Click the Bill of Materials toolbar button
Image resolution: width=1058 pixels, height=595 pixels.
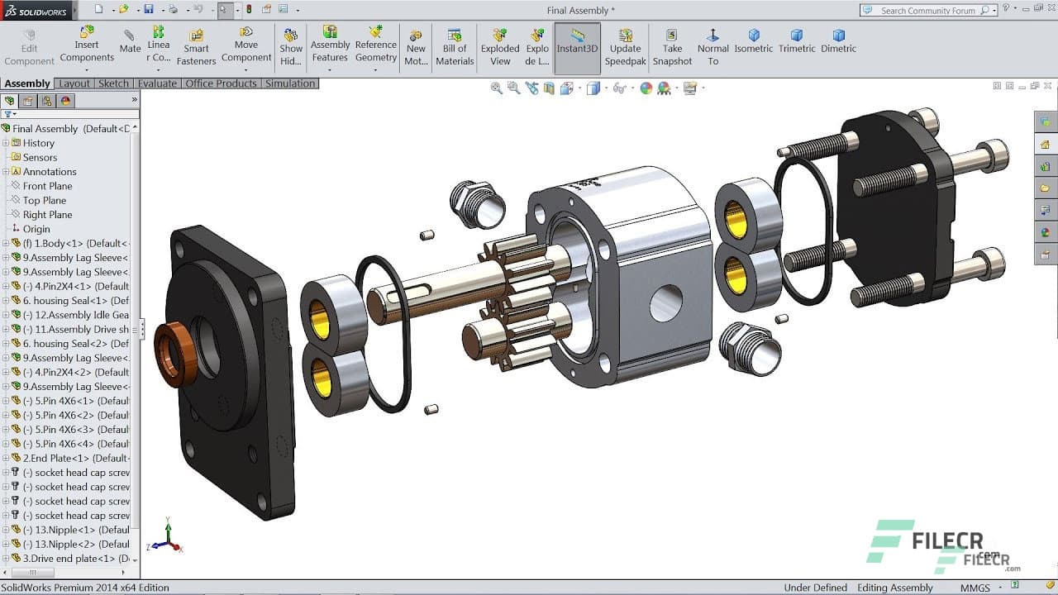point(455,48)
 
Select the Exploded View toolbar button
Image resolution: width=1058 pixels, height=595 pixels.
point(500,48)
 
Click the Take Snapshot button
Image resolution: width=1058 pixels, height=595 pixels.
point(672,48)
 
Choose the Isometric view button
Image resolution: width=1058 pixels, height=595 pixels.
point(753,41)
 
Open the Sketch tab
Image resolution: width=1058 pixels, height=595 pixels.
point(113,83)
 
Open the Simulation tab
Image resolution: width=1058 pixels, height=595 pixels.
point(290,83)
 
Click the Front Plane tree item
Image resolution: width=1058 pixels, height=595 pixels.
point(47,186)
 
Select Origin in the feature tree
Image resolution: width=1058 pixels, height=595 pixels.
point(36,229)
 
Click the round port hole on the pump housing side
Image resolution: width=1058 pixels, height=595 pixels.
point(666,303)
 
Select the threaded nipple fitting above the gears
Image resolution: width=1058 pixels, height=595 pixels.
point(477,203)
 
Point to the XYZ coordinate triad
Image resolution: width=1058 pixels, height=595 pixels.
point(168,537)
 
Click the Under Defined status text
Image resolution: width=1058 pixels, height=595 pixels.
point(815,588)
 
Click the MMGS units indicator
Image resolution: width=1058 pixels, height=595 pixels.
point(975,588)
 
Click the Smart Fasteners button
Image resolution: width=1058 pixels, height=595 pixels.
point(196,48)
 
